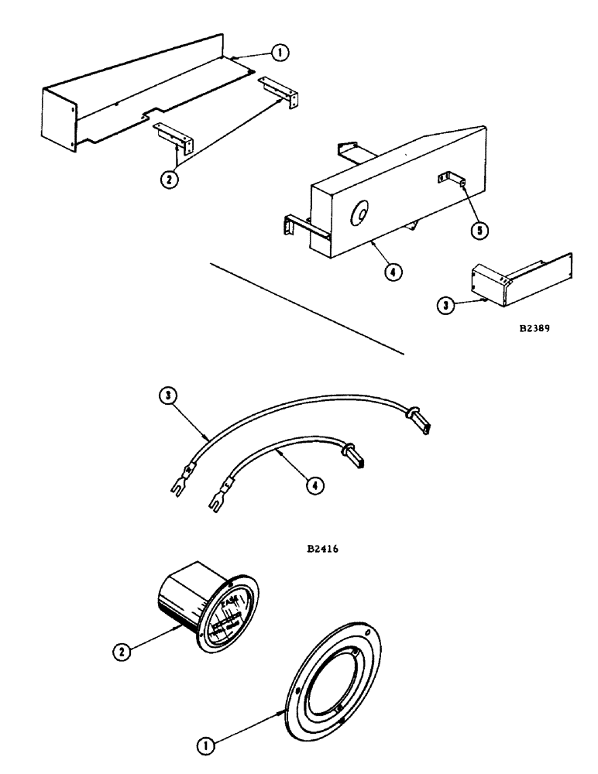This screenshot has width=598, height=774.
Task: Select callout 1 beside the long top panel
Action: [x=280, y=53]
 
